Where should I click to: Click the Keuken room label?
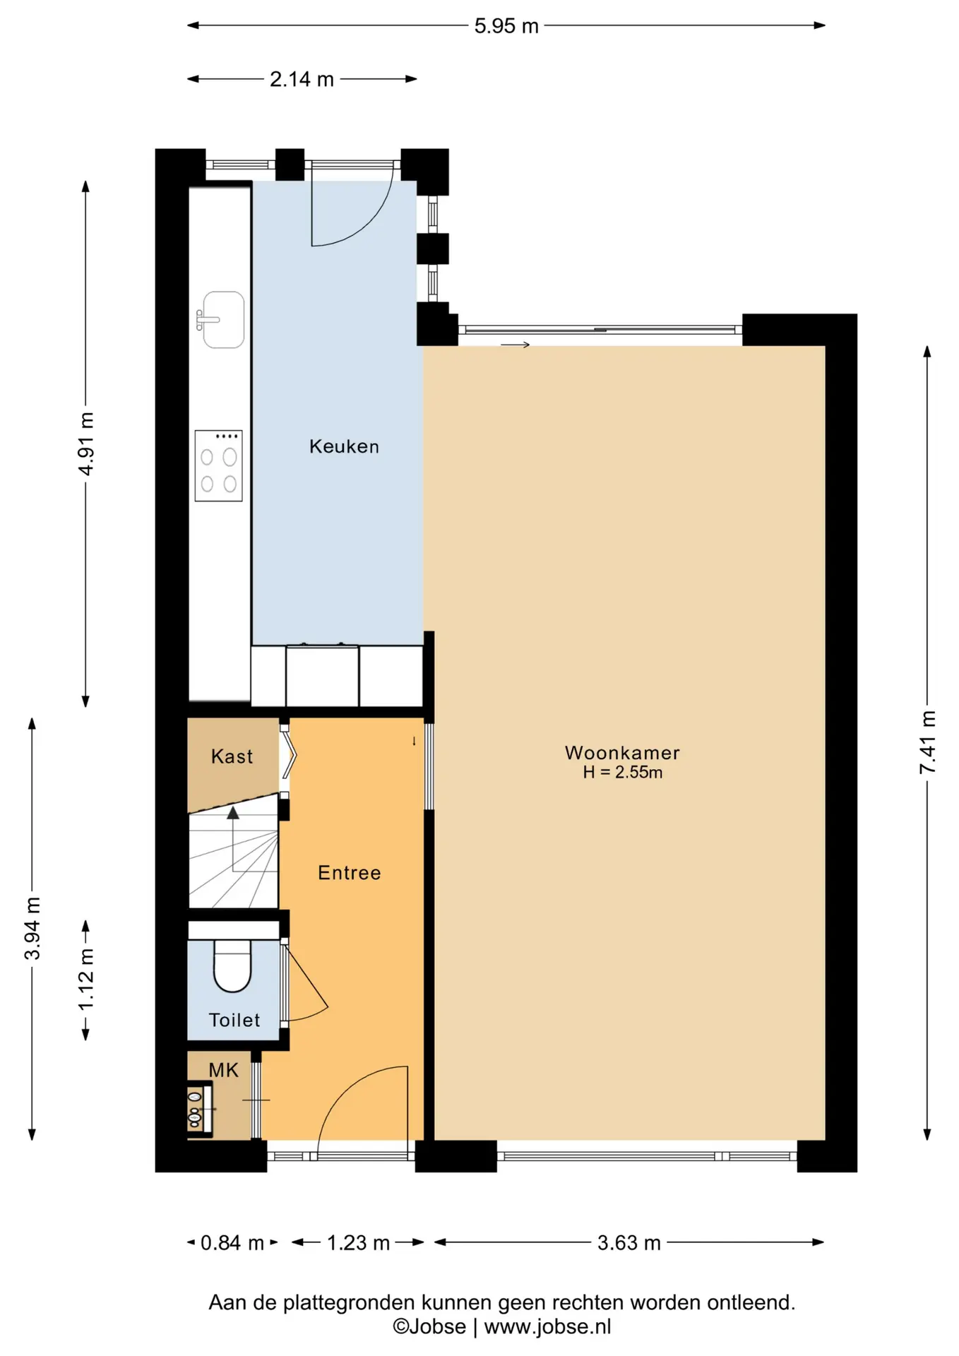[x=344, y=446]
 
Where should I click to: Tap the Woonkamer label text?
[x=622, y=753]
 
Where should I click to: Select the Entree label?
[x=349, y=873]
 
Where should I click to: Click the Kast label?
[x=232, y=756]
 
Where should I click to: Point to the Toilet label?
[x=234, y=1020]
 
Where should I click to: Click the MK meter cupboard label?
[x=224, y=1071]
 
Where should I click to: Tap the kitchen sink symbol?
[x=220, y=320]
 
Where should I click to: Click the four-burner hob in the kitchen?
[x=219, y=466]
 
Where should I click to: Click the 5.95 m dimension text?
[x=506, y=26]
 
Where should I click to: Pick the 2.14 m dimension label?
[x=302, y=79]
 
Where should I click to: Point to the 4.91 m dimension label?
[x=85, y=444]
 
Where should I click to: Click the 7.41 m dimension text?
[x=927, y=742]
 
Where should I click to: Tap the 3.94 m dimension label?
[x=32, y=929]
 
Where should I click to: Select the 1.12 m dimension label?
[x=85, y=980]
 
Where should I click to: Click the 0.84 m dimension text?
[x=232, y=1243]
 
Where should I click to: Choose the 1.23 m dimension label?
[x=358, y=1243]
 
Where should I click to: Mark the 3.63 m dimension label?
[x=629, y=1243]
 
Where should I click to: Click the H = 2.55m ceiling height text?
[x=622, y=773]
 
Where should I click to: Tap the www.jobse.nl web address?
[x=547, y=1327]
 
